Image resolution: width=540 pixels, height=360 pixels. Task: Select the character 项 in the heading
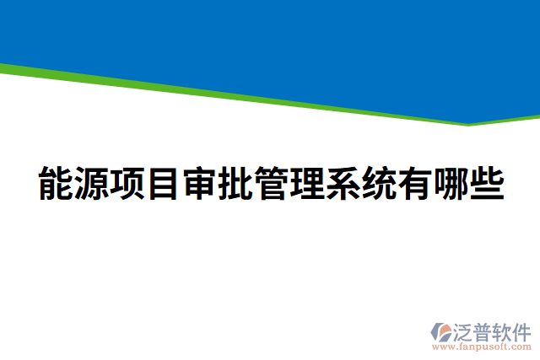[x=127, y=184]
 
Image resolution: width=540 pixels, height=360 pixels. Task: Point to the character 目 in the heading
[x=163, y=184]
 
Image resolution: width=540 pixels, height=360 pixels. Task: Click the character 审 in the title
[x=199, y=184]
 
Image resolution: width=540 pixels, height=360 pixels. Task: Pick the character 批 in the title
[x=235, y=184]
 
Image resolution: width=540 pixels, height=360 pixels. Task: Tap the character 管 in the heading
[x=271, y=184]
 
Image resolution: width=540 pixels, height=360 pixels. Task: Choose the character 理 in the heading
[x=306, y=184]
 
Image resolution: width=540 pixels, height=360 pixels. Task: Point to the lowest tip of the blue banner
[x=469, y=123]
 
